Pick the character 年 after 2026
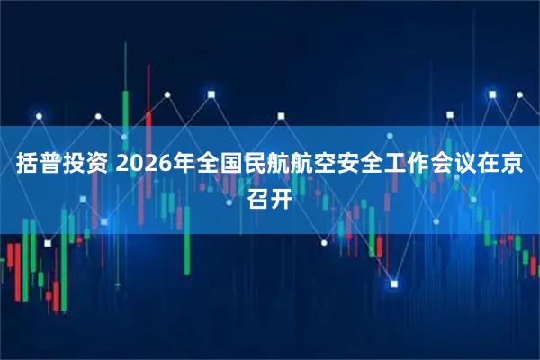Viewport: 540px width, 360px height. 185,166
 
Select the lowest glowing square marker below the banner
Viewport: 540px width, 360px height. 393,283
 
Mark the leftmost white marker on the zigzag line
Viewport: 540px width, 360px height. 39,115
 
